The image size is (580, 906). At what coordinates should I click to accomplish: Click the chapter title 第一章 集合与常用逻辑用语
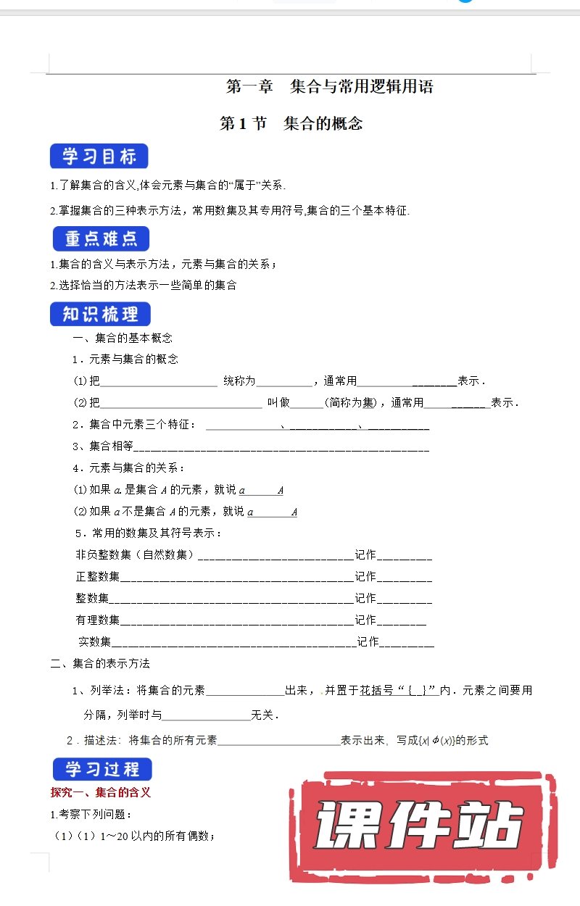[x=329, y=88]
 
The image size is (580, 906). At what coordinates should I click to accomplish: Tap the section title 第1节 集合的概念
[x=291, y=123]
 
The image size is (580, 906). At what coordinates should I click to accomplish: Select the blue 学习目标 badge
[x=99, y=157]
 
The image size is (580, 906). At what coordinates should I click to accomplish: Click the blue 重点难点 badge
[x=101, y=239]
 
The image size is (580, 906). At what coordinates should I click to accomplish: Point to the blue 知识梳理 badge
[x=101, y=315]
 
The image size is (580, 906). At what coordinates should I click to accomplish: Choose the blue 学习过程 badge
[x=102, y=769]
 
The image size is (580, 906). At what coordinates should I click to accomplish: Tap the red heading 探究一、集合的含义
[x=100, y=792]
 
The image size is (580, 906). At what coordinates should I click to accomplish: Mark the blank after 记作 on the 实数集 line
[x=407, y=642]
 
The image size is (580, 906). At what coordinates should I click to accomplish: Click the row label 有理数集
[x=98, y=620]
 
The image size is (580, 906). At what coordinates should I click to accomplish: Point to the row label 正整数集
[x=98, y=576]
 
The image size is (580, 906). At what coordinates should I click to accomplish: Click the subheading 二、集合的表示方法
[x=100, y=663]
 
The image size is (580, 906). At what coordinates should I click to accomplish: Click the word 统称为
[x=239, y=381]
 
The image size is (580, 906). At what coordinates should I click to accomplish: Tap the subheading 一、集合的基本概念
[x=123, y=338]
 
